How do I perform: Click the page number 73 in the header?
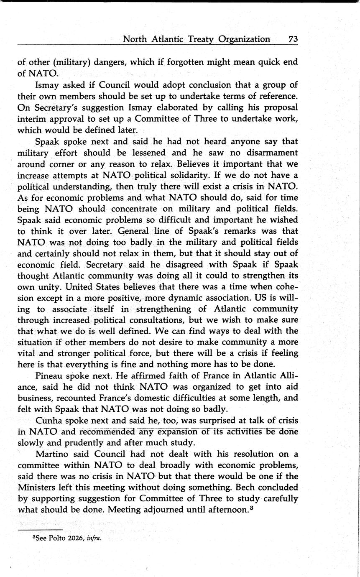(293, 39)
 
